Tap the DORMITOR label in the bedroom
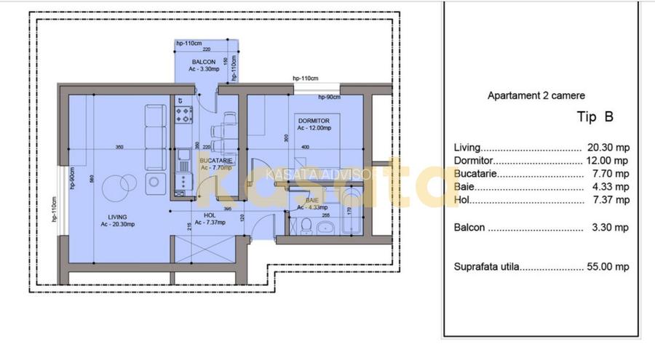(x=314, y=121)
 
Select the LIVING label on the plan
(x=118, y=217)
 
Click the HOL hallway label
(x=210, y=215)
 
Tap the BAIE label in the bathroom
(x=311, y=200)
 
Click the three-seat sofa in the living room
(x=154, y=137)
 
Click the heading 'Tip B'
(x=595, y=117)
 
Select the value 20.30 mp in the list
(x=606, y=147)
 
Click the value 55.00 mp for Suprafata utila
(x=607, y=267)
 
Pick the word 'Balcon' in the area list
(x=469, y=228)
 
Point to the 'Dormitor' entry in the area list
(x=474, y=161)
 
